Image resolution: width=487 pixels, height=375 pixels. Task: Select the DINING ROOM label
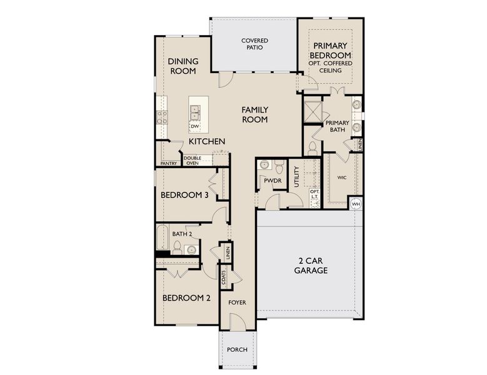pyautogui.click(x=183, y=66)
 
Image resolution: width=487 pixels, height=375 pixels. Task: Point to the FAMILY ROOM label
pyautogui.click(x=254, y=114)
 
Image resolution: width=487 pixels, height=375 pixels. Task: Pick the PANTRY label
pyautogui.click(x=169, y=163)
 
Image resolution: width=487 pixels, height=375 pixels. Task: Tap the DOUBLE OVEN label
pyautogui.click(x=193, y=161)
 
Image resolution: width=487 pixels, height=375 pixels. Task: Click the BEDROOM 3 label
pyautogui.click(x=184, y=195)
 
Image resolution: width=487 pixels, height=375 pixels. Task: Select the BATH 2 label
pyautogui.click(x=181, y=234)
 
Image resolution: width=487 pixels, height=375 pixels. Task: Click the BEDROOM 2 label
pyautogui.click(x=186, y=298)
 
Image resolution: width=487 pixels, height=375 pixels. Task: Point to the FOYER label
pyautogui.click(x=237, y=302)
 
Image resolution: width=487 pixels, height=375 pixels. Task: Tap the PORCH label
pyautogui.click(x=237, y=349)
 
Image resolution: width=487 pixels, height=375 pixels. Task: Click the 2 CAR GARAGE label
pyautogui.click(x=311, y=266)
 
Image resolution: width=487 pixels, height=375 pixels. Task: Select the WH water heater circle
pyautogui.click(x=356, y=204)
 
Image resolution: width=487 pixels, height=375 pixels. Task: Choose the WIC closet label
pyautogui.click(x=341, y=177)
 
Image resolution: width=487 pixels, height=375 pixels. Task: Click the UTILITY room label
pyautogui.click(x=296, y=176)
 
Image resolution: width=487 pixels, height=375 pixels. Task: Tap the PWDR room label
pyautogui.click(x=272, y=181)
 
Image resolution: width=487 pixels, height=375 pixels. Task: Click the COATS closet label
pyautogui.click(x=223, y=276)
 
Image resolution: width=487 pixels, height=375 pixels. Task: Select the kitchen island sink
pyautogui.click(x=195, y=112)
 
